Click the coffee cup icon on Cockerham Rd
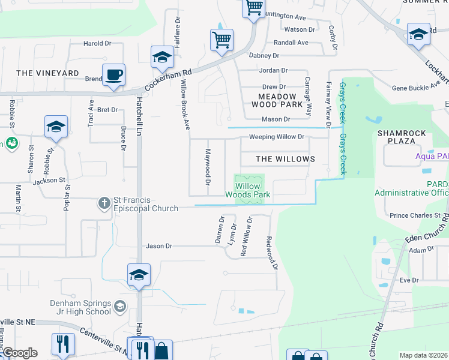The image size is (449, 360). (x=113, y=76)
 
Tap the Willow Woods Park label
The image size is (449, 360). (x=247, y=191)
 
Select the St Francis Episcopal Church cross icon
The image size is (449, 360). (x=104, y=203)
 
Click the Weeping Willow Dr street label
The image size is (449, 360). (x=277, y=137)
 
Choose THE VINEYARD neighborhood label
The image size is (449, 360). (x=47, y=73)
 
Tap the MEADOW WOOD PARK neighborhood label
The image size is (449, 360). (x=277, y=100)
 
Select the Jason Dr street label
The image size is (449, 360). (x=159, y=246)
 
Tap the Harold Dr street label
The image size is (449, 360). (x=97, y=43)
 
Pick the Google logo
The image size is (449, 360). (x=20, y=353)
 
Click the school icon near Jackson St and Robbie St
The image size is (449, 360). (x=55, y=127)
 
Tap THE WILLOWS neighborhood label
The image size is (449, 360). (x=285, y=159)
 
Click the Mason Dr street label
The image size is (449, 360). (x=276, y=119)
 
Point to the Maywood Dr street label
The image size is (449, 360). (x=208, y=166)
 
